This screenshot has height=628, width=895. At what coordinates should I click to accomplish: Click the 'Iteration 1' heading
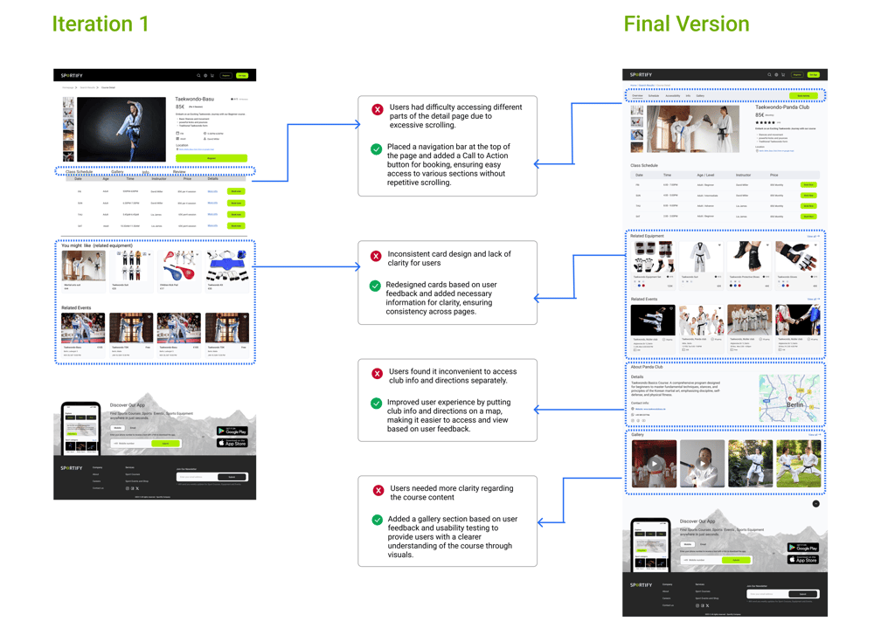(x=101, y=24)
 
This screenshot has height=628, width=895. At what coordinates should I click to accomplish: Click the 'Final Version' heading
(x=686, y=24)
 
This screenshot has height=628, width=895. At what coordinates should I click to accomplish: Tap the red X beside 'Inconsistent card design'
(x=376, y=256)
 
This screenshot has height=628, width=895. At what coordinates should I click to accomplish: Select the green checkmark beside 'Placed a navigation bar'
(x=376, y=149)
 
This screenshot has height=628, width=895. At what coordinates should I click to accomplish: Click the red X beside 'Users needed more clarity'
(x=378, y=490)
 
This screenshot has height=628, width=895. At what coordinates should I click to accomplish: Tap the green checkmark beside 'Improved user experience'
(x=377, y=404)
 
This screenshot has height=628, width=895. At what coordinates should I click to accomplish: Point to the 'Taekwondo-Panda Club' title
(x=786, y=107)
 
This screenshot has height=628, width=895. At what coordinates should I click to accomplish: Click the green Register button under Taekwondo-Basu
(x=211, y=158)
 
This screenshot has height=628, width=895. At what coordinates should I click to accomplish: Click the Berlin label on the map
(x=794, y=405)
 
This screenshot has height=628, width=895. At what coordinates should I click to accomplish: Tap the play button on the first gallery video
(x=654, y=464)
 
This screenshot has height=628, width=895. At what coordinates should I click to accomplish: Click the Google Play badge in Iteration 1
(x=232, y=431)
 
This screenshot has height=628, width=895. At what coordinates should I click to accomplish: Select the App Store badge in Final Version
(x=802, y=559)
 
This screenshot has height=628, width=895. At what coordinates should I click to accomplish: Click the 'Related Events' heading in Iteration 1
(x=76, y=307)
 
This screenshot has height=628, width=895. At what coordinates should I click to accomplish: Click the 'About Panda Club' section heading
(x=647, y=367)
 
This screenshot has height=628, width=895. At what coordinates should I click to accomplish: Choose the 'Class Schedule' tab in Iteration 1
(x=79, y=172)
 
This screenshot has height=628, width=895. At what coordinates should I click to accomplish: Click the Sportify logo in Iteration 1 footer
(x=72, y=468)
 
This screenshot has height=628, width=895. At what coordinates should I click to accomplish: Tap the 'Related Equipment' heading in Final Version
(x=648, y=236)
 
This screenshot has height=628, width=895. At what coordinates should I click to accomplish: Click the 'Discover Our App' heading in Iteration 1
(x=128, y=405)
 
